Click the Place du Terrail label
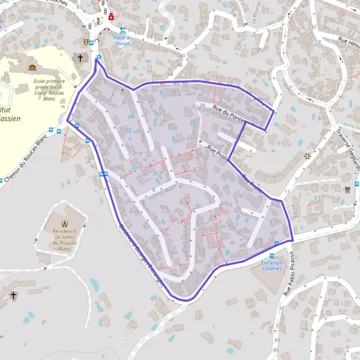(x=122, y=40)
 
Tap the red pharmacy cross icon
(x=111, y=17)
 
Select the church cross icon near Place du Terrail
(x=80, y=58)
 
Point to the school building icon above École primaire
(x=32, y=67)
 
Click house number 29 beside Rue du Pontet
(x=202, y=106)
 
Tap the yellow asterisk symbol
(x=308, y=155)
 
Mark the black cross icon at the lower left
(x=13, y=295)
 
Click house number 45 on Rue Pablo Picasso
(x=277, y=349)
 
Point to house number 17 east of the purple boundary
(x=287, y=192)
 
